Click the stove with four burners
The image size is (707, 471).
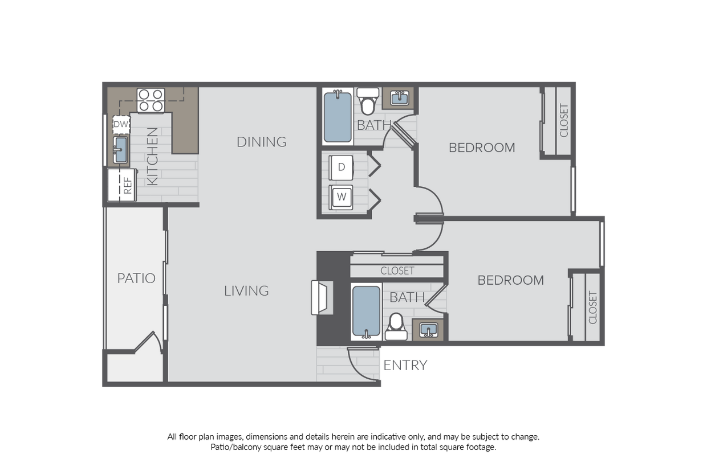[151, 100]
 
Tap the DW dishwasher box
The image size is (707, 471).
[121, 124]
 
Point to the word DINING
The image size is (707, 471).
[261, 142]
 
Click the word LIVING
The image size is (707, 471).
[246, 291]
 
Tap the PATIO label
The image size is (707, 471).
[136, 278]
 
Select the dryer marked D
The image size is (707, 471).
[342, 167]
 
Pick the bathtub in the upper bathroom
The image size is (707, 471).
[338, 117]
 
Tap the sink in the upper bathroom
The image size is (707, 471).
[399, 99]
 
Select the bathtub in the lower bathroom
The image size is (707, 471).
[366, 311]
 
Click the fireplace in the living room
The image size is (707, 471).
[322, 297]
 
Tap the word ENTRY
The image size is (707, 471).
[405, 366]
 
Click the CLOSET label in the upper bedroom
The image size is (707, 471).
[564, 120]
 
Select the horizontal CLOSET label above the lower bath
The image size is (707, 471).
[397, 271]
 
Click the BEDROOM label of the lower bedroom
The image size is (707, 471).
[510, 280]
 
